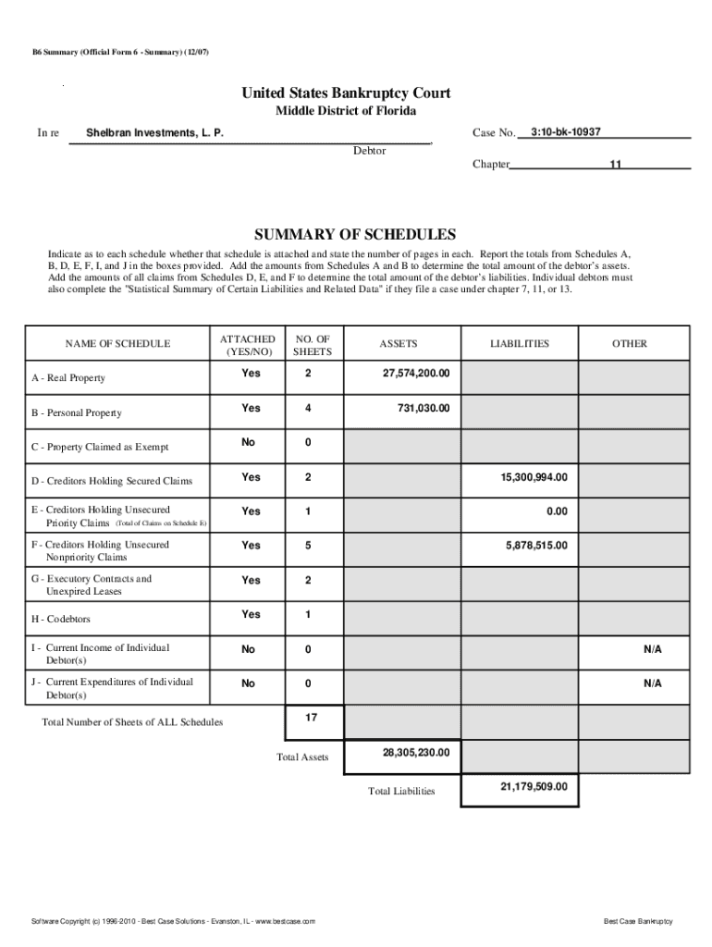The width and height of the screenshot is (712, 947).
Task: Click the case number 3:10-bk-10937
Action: [566, 132]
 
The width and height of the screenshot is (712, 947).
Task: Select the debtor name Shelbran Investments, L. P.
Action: [154, 134]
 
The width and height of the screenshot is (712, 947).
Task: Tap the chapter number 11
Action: [614, 165]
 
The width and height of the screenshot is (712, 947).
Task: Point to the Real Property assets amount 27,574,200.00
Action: [416, 373]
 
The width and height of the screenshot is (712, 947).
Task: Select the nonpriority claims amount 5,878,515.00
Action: [536, 546]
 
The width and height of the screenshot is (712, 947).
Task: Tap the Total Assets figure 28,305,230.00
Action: [416, 753]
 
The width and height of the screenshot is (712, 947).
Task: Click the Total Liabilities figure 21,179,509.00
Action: [534, 787]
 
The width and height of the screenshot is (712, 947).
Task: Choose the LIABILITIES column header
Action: [519, 344]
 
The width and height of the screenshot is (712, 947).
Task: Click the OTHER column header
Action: [629, 344]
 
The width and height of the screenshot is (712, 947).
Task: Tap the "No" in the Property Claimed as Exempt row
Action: [248, 442]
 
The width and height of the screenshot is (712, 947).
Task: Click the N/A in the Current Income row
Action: [653, 649]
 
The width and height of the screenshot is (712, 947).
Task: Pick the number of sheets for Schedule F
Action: [309, 546]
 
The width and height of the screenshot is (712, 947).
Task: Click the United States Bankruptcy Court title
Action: [346, 93]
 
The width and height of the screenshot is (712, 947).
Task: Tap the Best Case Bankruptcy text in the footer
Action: [638, 922]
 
